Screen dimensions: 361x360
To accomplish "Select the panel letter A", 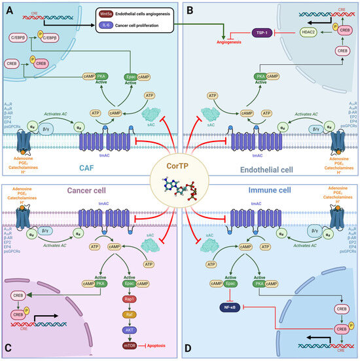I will click(7, 7).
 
